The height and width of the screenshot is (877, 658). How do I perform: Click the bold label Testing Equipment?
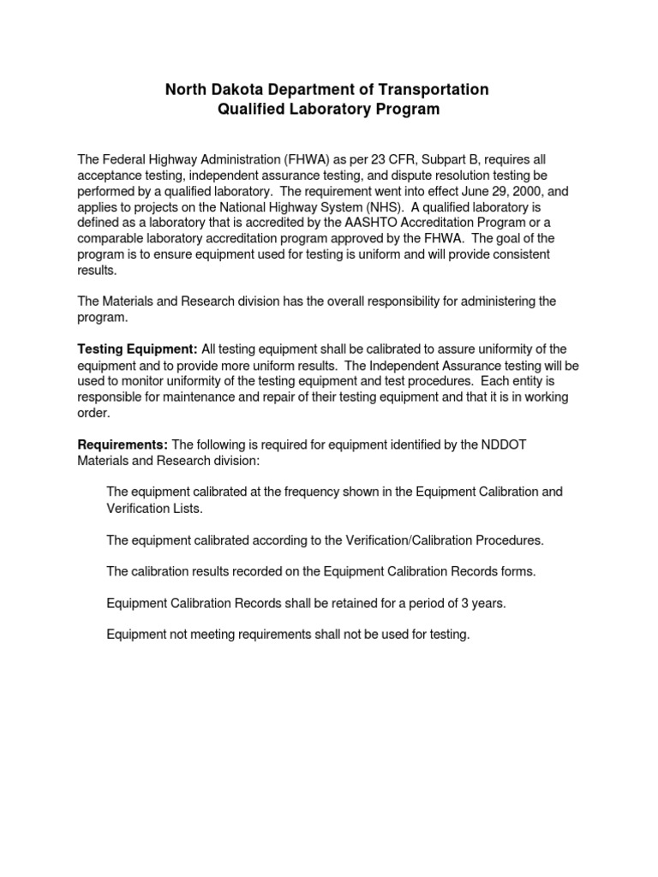pyautogui.click(x=137, y=349)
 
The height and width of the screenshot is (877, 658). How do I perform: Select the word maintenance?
pyautogui.click(x=194, y=397)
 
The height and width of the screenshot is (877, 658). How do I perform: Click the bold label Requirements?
pyautogui.click(x=123, y=444)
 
